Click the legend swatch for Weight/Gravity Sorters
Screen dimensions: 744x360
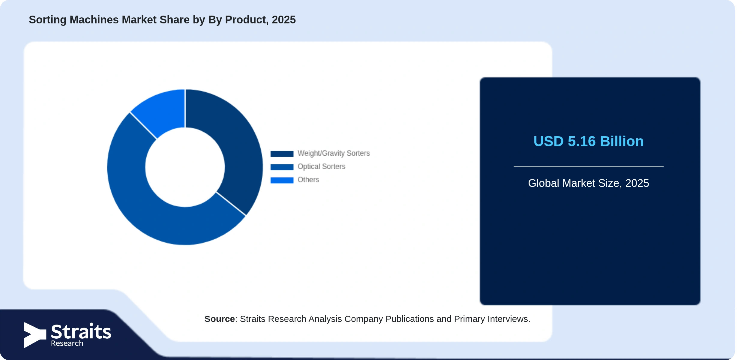(282, 154)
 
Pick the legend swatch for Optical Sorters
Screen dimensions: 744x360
(282, 167)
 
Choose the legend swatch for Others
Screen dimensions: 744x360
(282, 180)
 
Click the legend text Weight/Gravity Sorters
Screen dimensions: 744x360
(334, 153)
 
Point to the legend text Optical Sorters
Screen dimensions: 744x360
(321, 166)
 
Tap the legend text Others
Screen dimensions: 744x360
(308, 180)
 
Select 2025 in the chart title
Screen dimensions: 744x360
(284, 20)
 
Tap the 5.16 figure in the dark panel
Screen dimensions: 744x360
(582, 141)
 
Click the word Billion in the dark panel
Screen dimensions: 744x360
(622, 141)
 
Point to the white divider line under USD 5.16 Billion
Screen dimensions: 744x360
(589, 166)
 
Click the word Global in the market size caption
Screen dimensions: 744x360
(544, 183)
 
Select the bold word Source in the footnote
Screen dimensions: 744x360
(220, 319)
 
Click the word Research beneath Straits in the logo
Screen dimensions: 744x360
(67, 343)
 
